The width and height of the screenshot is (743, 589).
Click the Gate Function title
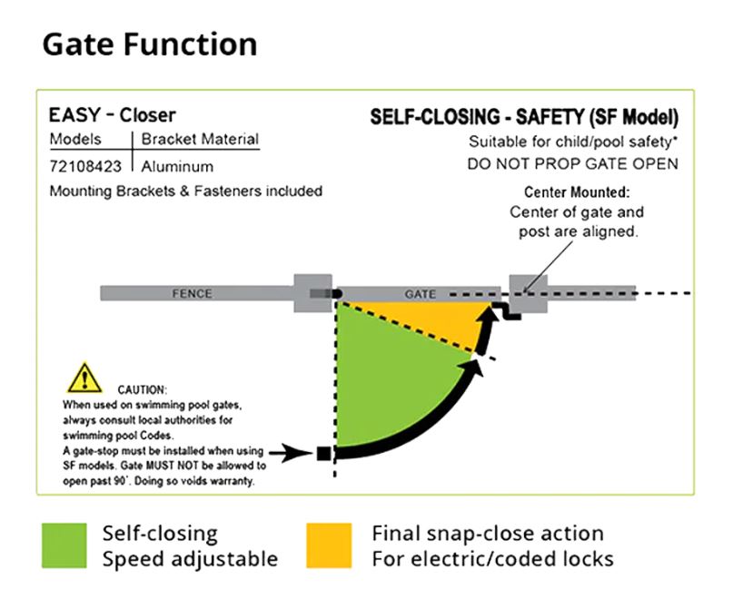pos(150,44)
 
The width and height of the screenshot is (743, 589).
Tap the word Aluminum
pos(177,166)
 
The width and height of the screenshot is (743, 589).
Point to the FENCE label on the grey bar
pos(192,294)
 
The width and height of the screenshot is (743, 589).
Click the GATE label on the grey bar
pos(419,294)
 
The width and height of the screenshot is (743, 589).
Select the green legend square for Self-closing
pos(64,545)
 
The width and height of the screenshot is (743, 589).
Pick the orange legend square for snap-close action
pos(329,545)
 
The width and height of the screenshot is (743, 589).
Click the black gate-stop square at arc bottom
pos(323,451)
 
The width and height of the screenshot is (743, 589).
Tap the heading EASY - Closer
pos(113,115)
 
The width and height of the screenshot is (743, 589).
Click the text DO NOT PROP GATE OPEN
pos(573,164)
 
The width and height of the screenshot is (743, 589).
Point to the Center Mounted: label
pos(577,193)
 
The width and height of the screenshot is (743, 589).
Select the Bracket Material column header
pos(200,140)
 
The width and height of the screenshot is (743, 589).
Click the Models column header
pos(75,140)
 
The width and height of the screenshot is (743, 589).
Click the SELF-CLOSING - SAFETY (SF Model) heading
pos(524,118)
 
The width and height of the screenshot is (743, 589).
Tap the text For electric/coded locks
pos(492,558)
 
